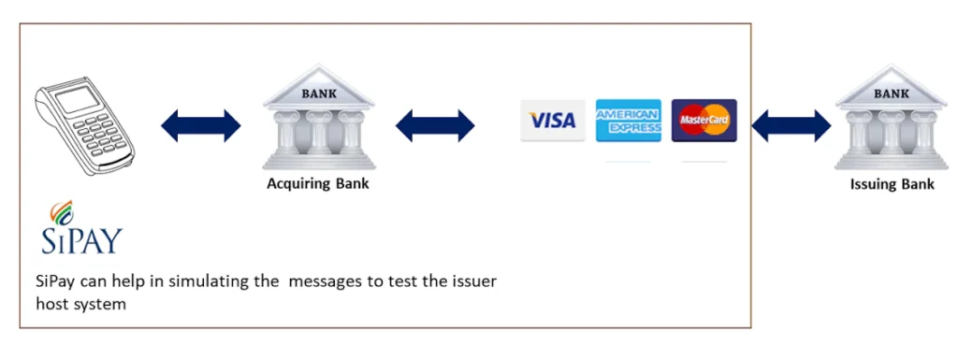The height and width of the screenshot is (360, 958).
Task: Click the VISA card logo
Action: click(552, 121)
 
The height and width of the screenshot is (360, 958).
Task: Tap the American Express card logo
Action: click(628, 121)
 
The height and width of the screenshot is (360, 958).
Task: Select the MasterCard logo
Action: click(704, 121)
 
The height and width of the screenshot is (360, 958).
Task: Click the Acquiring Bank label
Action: click(318, 183)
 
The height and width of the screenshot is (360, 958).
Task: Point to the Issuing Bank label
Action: click(892, 183)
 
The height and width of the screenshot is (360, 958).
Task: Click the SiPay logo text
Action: click(82, 240)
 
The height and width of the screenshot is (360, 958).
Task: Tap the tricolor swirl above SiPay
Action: click(61, 212)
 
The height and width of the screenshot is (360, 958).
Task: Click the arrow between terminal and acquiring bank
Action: click(201, 125)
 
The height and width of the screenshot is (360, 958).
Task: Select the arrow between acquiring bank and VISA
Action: click(435, 125)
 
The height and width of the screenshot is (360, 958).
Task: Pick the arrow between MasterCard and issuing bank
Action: click(791, 125)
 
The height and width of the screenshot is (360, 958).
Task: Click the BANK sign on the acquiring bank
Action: click(318, 94)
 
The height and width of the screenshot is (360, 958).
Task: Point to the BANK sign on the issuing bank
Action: click(892, 94)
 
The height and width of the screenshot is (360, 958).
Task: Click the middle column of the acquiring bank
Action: click(319, 134)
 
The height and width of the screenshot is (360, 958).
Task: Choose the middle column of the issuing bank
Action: click(892, 134)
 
